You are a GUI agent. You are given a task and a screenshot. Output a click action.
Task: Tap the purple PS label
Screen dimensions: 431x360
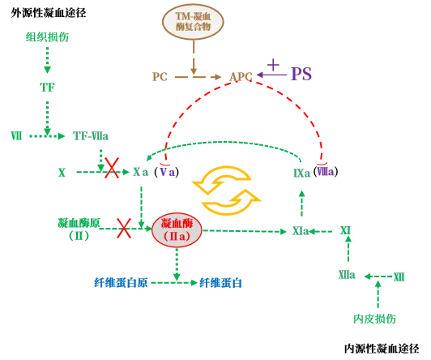(x=301, y=74)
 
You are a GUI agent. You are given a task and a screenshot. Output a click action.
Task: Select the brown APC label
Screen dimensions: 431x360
(x=241, y=77)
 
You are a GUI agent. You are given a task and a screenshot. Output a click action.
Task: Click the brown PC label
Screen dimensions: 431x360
(x=160, y=77)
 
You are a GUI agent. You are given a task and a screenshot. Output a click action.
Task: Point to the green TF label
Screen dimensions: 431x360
(x=47, y=88)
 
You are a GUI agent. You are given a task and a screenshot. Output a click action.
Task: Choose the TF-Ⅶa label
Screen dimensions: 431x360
(x=91, y=136)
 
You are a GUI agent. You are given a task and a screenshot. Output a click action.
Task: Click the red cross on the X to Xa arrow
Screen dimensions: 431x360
(x=112, y=168)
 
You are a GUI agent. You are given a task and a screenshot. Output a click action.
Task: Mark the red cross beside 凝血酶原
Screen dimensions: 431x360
(x=124, y=229)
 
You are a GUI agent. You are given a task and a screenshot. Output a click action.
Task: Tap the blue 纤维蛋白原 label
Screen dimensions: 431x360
(x=121, y=283)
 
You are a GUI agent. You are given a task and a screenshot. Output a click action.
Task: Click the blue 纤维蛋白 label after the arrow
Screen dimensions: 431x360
(x=220, y=283)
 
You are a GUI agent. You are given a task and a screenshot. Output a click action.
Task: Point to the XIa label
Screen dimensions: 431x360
(x=301, y=231)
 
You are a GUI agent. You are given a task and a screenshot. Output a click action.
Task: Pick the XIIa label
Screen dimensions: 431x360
(x=347, y=275)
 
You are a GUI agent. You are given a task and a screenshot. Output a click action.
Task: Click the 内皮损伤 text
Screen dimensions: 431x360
(x=374, y=319)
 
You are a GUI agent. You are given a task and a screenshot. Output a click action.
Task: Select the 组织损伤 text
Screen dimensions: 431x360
(x=47, y=36)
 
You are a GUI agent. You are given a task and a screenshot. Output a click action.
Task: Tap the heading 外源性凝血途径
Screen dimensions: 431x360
(x=49, y=13)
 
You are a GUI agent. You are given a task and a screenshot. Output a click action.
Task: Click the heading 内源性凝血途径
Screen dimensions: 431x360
(x=382, y=349)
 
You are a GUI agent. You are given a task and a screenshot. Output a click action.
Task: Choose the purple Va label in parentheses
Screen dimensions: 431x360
(x=168, y=172)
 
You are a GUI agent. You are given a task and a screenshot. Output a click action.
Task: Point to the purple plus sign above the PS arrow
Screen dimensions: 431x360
(x=273, y=65)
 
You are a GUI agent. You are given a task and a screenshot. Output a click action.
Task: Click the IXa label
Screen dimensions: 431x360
(x=301, y=174)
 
